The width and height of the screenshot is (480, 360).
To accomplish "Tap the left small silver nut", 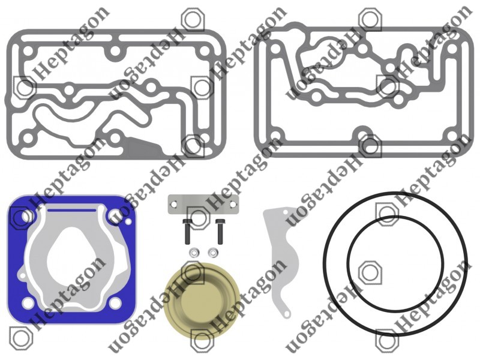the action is pos(193,253).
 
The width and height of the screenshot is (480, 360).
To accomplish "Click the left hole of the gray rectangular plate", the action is pos(174,204).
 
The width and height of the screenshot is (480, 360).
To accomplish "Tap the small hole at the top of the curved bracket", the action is pos(286,212).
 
